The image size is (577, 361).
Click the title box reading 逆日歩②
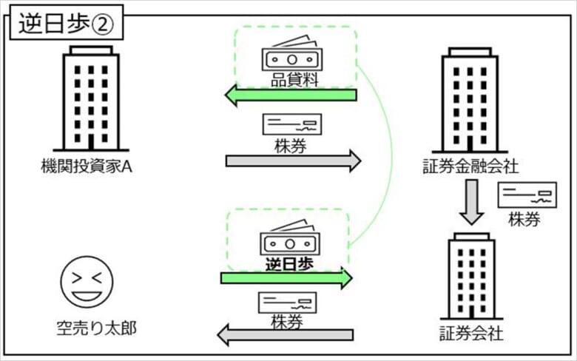(67, 23)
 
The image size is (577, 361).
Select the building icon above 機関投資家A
(91, 98)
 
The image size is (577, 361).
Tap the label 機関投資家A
(86, 166)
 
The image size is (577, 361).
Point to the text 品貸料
(294, 80)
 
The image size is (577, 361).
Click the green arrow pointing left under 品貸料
(291, 95)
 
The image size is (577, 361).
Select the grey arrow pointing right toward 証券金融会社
(293, 161)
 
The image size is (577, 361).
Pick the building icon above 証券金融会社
(470, 100)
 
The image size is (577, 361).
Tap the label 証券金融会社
(470, 166)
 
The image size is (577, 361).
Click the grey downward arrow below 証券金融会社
(472, 202)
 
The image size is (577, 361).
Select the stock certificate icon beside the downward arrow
(527, 195)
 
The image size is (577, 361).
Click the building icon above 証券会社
(471, 276)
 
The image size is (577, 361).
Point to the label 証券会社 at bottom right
(471, 334)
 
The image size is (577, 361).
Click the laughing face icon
(87, 282)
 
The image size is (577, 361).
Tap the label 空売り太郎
(97, 328)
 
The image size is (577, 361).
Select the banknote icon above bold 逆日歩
(290, 238)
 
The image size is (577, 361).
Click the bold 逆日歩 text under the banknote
(289, 264)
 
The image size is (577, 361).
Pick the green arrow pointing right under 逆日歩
(287, 278)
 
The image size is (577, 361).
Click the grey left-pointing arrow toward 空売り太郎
(286, 335)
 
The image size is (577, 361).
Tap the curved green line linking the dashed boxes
(392, 155)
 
